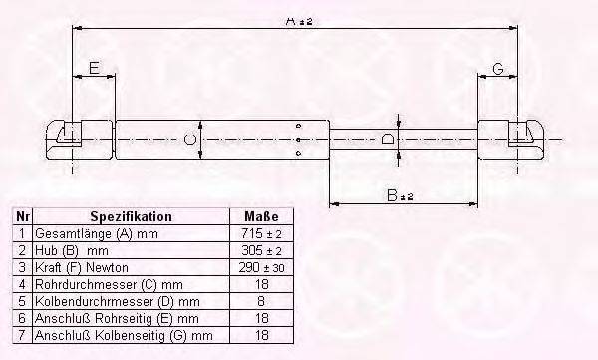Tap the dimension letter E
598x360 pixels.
click(93, 68)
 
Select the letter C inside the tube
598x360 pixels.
click(189, 140)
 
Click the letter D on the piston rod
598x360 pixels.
click(387, 139)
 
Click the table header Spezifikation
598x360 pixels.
click(132, 216)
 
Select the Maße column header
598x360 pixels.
click(262, 216)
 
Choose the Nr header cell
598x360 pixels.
click(21, 216)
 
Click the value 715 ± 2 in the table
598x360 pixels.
click(262, 232)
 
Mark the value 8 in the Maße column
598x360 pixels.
click(262, 301)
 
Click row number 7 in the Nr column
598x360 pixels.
click(21, 334)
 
